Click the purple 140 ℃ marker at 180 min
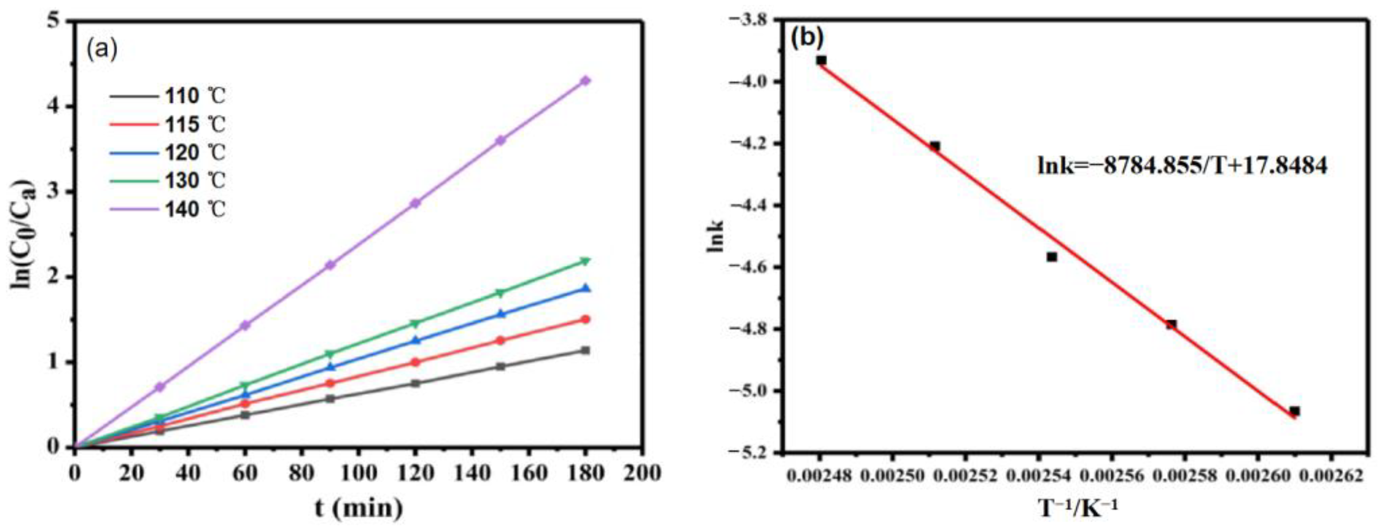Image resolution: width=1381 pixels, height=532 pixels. (585, 81)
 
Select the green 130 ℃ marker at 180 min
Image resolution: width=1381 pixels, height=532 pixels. (585, 261)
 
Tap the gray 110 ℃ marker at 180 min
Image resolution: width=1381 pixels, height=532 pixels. (585, 350)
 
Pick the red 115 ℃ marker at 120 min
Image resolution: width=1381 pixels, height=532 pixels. (415, 362)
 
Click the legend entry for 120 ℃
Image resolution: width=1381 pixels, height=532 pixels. (167, 153)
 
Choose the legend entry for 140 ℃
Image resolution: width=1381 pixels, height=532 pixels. (167, 209)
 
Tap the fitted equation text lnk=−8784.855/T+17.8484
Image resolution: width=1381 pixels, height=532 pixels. (1182, 166)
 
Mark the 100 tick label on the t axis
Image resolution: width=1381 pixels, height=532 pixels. (358, 473)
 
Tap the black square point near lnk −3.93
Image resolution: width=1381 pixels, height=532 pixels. (821, 61)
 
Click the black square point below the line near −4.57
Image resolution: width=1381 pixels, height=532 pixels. (1051, 257)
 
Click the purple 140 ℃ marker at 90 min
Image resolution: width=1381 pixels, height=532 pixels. (330, 265)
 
